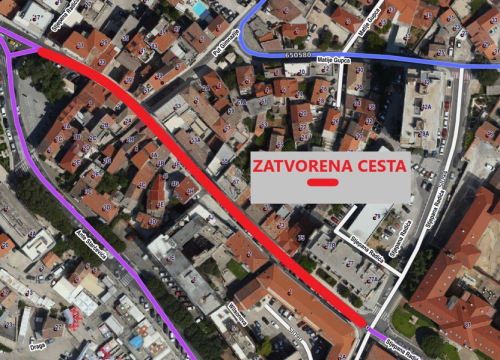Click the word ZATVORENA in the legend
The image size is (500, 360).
click(x=293, y=166)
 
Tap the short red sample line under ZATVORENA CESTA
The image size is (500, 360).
click(x=323, y=184)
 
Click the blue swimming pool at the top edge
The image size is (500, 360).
click(x=199, y=8)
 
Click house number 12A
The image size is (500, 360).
click(x=425, y=106)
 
